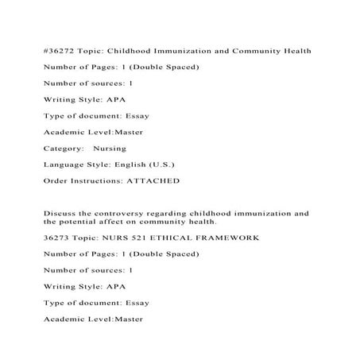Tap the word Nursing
(x=109, y=149)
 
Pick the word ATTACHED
(x=154, y=181)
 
